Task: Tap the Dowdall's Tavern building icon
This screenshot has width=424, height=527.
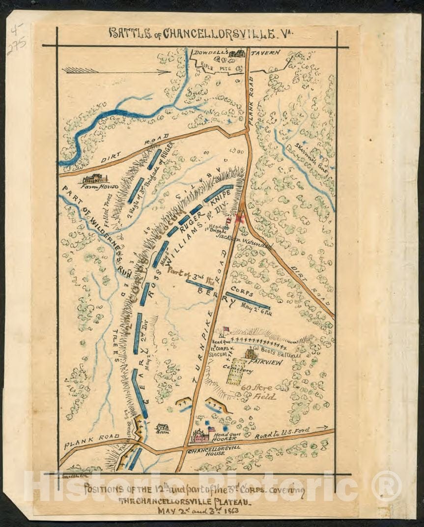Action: tap(237, 53)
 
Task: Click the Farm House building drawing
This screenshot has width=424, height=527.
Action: tap(95, 178)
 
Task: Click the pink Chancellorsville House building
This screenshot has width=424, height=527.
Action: tap(200, 436)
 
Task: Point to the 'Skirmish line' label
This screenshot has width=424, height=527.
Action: tap(310, 157)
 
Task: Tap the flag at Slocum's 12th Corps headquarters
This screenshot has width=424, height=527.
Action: tap(226, 330)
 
